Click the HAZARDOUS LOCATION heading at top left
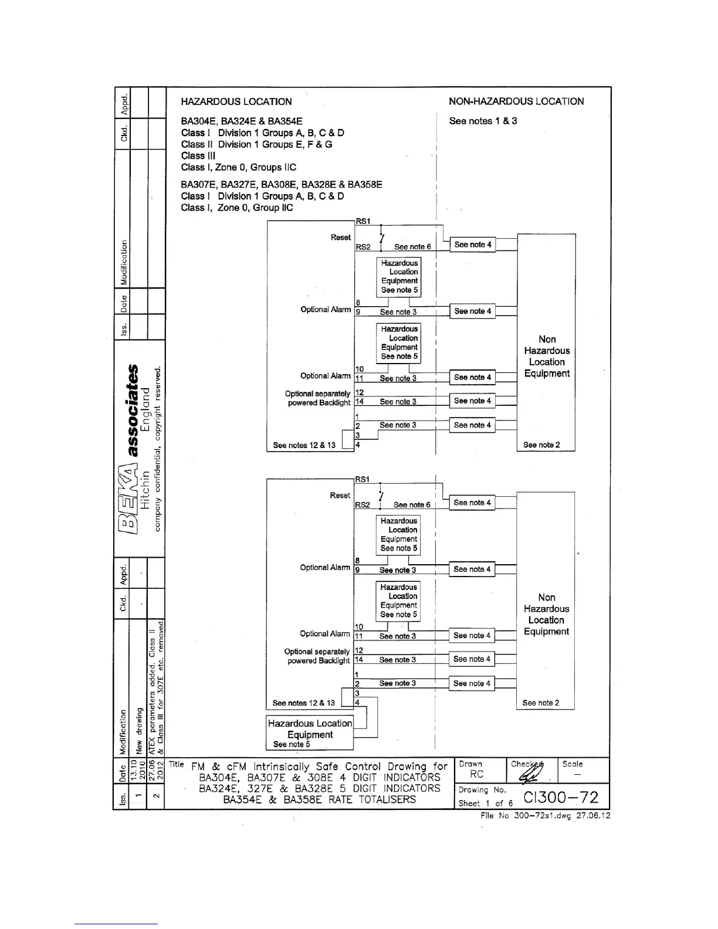coord(236,101)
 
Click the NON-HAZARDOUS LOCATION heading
coord(516,101)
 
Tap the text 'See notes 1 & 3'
coord(483,121)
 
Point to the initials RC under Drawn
coord(477,774)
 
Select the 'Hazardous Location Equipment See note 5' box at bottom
coord(310,733)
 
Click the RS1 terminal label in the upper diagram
coord(363,221)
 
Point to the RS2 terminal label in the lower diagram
coord(363,505)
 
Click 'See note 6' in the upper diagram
coord(412,247)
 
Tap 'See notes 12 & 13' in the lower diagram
coord(303,703)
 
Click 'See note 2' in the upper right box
coord(541,445)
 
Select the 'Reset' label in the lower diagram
coord(340,496)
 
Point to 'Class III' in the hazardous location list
coord(198,155)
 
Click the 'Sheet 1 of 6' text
coord(486,803)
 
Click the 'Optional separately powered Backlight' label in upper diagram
coord(317,398)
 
